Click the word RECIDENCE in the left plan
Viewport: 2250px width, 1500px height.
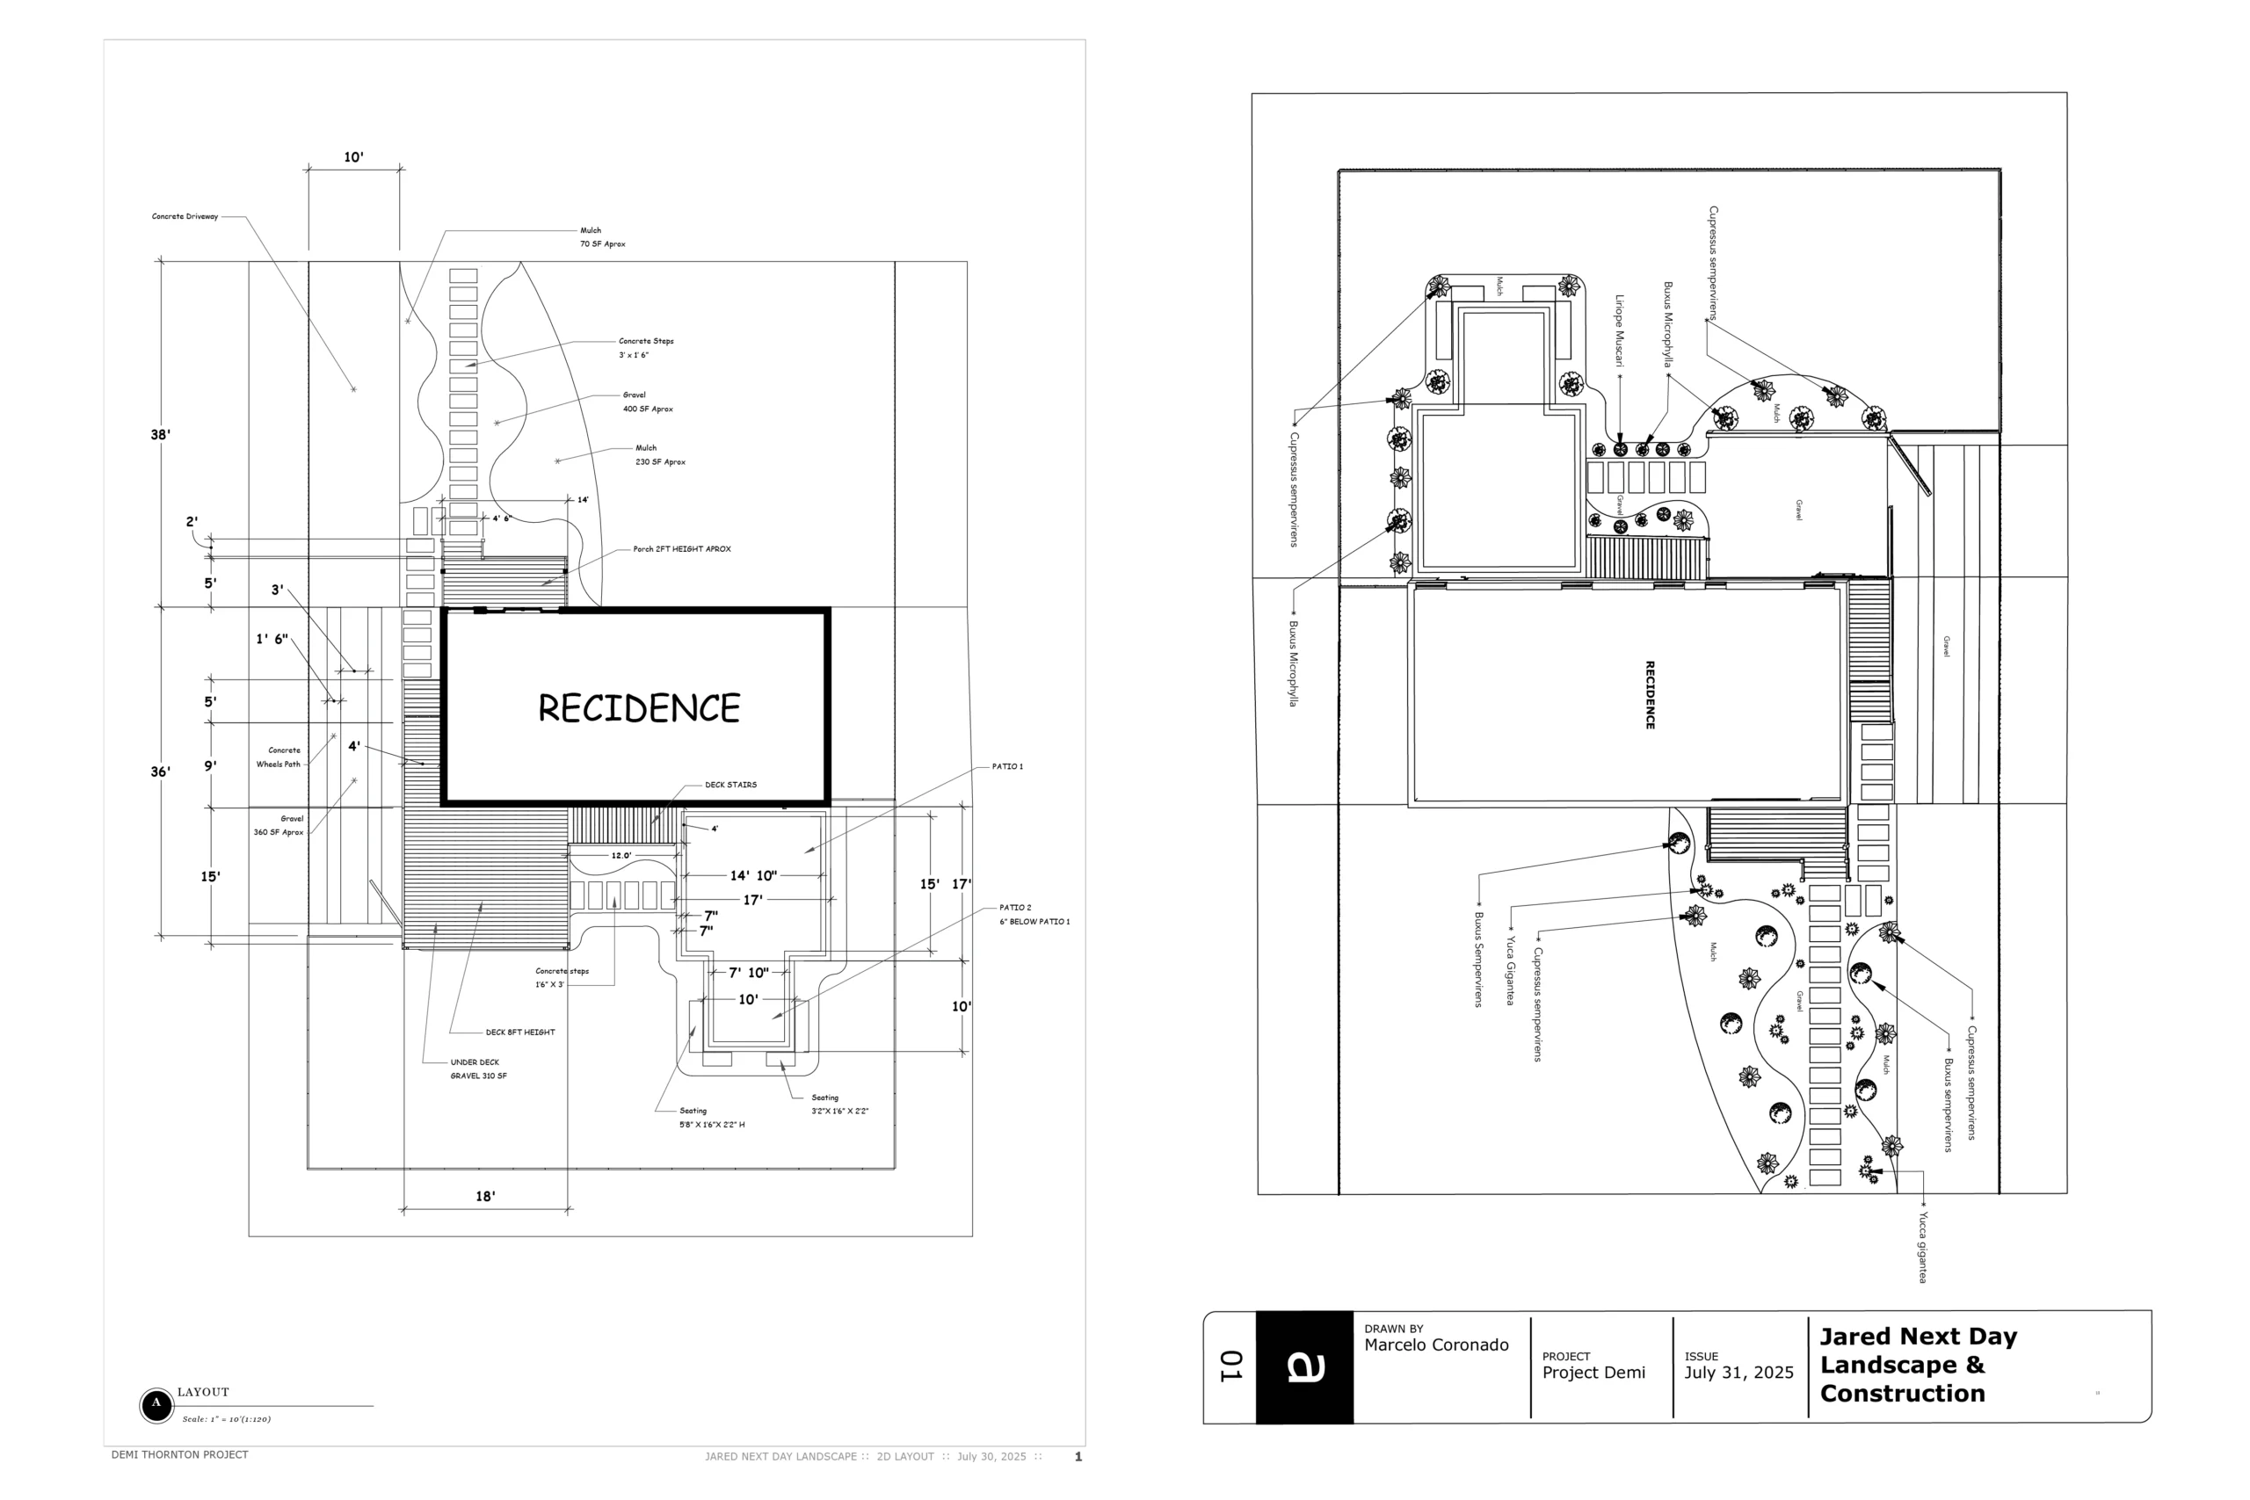pyautogui.click(x=638, y=708)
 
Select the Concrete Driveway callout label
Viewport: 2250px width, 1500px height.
pyautogui.click(x=185, y=217)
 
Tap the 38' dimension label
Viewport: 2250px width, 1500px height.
pyautogui.click(x=160, y=435)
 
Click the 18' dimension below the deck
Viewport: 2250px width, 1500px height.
pyautogui.click(x=485, y=1197)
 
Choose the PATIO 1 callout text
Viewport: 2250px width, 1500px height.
pyautogui.click(x=1006, y=767)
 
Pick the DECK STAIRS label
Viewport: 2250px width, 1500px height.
pyautogui.click(x=731, y=786)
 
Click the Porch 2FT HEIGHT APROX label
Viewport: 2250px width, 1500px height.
pyautogui.click(x=681, y=550)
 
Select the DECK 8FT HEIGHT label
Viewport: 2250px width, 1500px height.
pyautogui.click(x=519, y=1033)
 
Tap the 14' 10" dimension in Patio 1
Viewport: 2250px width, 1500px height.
pyautogui.click(x=753, y=876)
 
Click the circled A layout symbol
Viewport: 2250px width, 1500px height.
pyautogui.click(x=156, y=1405)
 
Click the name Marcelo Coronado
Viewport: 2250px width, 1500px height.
pyautogui.click(x=1436, y=1346)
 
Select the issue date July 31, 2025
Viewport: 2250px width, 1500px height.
pyautogui.click(x=1738, y=1373)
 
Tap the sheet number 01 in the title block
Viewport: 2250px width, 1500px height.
pyautogui.click(x=1230, y=1367)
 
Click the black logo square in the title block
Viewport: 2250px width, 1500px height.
pyautogui.click(x=1304, y=1367)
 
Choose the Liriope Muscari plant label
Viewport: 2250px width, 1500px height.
pyautogui.click(x=1620, y=331)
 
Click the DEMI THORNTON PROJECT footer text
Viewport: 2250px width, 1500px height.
pyautogui.click(x=180, y=1455)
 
